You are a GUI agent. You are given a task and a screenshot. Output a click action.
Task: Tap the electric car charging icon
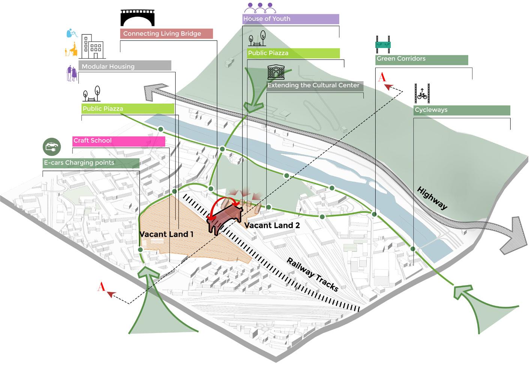[51, 147]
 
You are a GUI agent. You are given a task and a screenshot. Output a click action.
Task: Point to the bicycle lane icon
[422, 94]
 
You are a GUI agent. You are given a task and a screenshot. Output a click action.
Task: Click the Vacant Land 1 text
[166, 234]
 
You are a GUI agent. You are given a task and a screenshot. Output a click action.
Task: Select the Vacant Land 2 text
[272, 226]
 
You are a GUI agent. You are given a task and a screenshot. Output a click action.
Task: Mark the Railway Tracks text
[312, 275]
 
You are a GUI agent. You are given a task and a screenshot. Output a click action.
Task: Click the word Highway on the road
[432, 198]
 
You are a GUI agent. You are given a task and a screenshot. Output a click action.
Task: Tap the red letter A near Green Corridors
[382, 78]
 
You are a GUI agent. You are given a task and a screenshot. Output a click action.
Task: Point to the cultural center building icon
[276, 72]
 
